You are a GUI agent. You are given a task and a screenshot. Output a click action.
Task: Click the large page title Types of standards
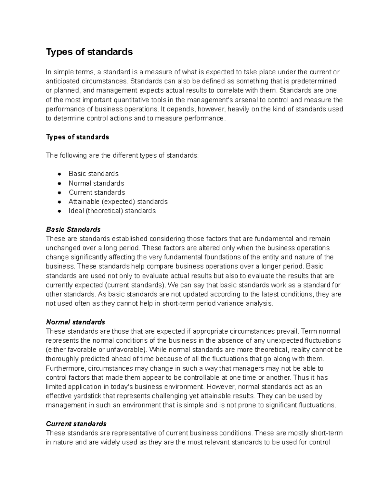pos(89,52)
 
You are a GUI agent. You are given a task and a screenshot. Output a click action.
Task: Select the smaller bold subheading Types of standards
pos(77,137)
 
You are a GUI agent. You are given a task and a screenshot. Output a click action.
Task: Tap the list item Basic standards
pos(94,174)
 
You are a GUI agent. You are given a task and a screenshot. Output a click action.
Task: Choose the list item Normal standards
pos(96,183)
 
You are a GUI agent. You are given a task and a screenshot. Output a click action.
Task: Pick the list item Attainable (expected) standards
pos(118,202)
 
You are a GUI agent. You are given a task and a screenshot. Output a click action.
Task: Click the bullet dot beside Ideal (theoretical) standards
pos(59,211)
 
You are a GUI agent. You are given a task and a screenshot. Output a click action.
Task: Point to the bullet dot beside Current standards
pos(59,192)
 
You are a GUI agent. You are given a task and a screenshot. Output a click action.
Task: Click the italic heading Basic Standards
pos(73,229)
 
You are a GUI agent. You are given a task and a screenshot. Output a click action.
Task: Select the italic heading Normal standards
pos(75,322)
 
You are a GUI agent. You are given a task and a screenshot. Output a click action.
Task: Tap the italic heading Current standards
pos(76,424)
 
